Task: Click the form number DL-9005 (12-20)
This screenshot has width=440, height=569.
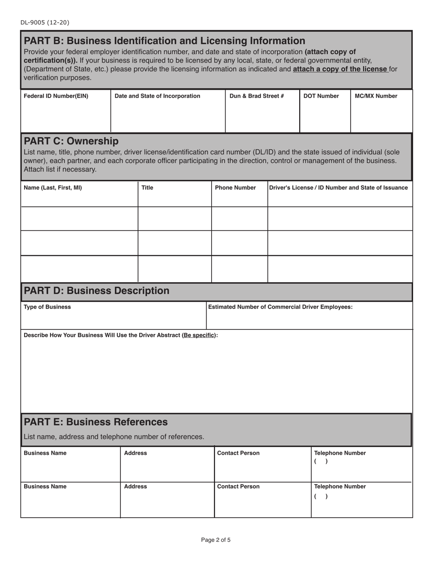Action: click(x=45, y=22)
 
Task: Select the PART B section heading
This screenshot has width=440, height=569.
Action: click(x=164, y=41)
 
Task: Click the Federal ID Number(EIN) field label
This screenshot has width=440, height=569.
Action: click(x=56, y=96)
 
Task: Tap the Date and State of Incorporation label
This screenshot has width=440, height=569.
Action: click(x=157, y=96)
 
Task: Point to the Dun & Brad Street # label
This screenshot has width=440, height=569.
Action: click(x=257, y=96)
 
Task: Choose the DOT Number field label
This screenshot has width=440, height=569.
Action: click(x=321, y=96)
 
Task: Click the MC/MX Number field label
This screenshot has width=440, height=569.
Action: click(x=376, y=96)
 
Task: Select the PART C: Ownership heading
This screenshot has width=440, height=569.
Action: click(x=71, y=141)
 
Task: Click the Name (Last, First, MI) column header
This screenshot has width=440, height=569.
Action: click(x=53, y=188)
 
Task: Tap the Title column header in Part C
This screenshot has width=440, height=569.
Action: click(x=147, y=188)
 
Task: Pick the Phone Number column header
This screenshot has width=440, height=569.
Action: click(x=235, y=188)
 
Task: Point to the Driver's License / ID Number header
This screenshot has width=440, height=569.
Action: click(x=339, y=188)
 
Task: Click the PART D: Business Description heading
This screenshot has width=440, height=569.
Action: click(x=96, y=291)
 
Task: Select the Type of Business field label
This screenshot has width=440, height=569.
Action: click(x=47, y=307)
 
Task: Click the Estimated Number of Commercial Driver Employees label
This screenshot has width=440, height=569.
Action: click(x=280, y=307)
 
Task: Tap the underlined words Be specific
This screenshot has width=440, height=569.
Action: click(x=199, y=335)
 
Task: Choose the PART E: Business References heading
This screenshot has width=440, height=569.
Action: click(x=95, y=422)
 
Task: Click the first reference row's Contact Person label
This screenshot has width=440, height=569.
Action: click(x=239, y=453)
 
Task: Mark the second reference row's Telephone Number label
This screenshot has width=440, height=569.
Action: click(x=340, y=487)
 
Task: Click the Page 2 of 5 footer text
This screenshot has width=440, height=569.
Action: click(x=216, y=540)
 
